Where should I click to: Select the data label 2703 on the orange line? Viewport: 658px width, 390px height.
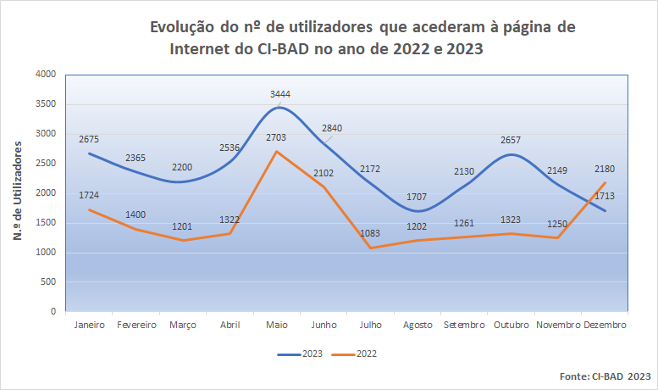point(276,137)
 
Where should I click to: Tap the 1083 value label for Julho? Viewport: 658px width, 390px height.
point(371,233)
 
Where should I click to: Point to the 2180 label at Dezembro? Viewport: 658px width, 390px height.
point(605,169)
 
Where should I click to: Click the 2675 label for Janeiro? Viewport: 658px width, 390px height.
point(89,139)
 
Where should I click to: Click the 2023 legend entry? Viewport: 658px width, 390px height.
point(303,353)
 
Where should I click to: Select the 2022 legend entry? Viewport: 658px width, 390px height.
point(357,353)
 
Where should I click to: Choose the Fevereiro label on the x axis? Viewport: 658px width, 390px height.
point(136,326)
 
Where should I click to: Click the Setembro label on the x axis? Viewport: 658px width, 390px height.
point(463,326)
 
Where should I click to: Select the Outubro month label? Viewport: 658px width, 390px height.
point(511,326)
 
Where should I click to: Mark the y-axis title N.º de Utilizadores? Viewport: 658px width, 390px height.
point(18,192)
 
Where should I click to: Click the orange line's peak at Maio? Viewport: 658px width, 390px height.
point(278,152)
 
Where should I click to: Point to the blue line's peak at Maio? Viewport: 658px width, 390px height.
point(279,108)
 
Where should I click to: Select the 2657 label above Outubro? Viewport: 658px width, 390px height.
point(511,140)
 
